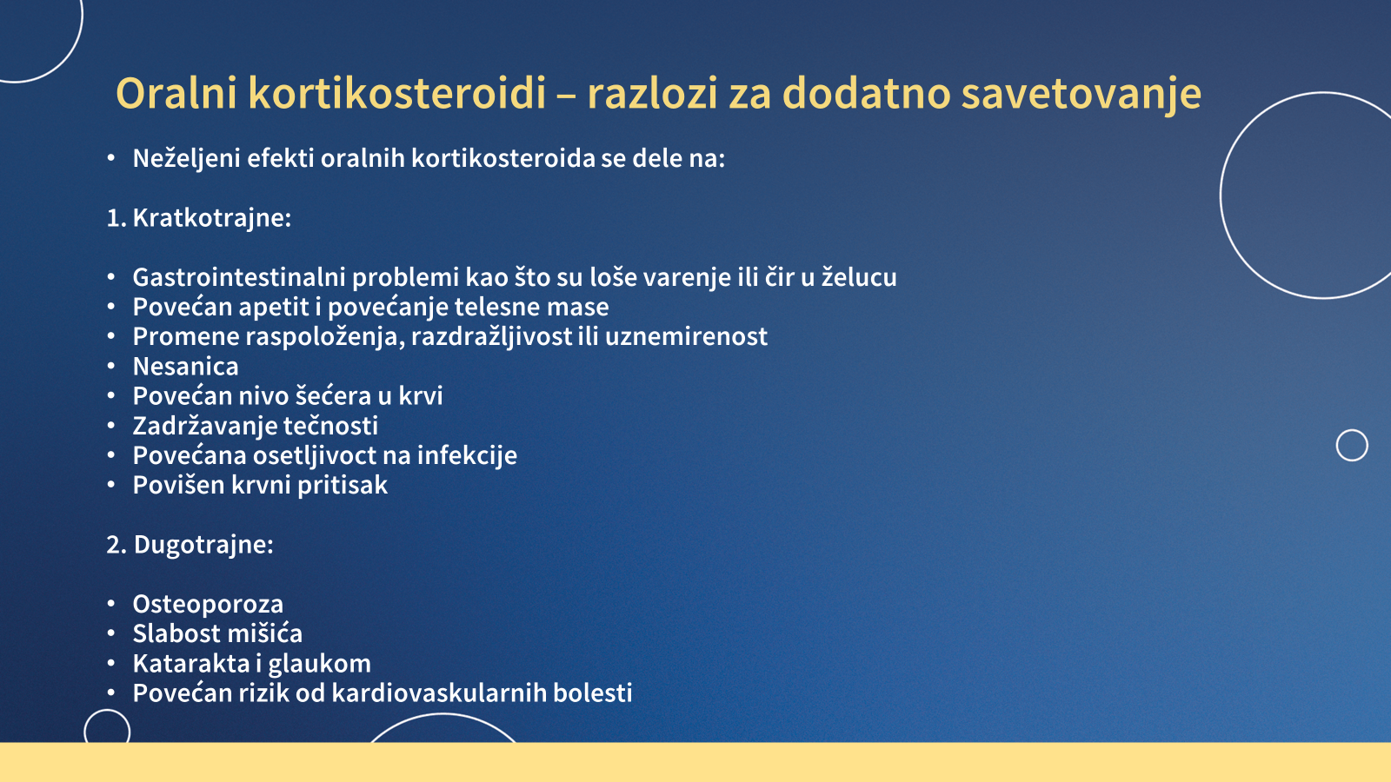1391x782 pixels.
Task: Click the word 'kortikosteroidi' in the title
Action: pyautogui.click(x=396, y=93)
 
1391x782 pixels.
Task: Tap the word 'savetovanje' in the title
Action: pyautogui.click(x=1082, y=95)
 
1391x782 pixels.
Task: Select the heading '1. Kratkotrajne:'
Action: pyautogui.click(x=199, y=218)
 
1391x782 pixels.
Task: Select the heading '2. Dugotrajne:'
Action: pyautogui.click(x=190, y=544)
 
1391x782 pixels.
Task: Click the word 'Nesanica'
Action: pyautogui.click(x=186, y=366)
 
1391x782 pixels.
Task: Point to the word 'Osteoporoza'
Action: pyautogui.click(x=208, y=604)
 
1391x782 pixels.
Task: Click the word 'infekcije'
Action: pyautogui.click(x=467, y=455)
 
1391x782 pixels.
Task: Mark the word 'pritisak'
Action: pyautogui.click(x=343, y=486)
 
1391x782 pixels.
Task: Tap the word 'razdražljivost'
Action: pyautogui.click(x=491, y=336)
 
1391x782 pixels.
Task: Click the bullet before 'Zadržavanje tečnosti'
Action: pyautogui.click(x=111, y=426)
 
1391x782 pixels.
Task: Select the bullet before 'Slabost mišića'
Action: pyautogui.click(x=111, y=633)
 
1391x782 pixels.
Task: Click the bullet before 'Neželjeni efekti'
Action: pyautogui.click(x=111, y=158)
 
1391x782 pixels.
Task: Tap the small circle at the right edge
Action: pyautogui.click(x=1352, y=429)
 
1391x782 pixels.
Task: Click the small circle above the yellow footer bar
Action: pyautogui.click(x=107, y=710)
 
